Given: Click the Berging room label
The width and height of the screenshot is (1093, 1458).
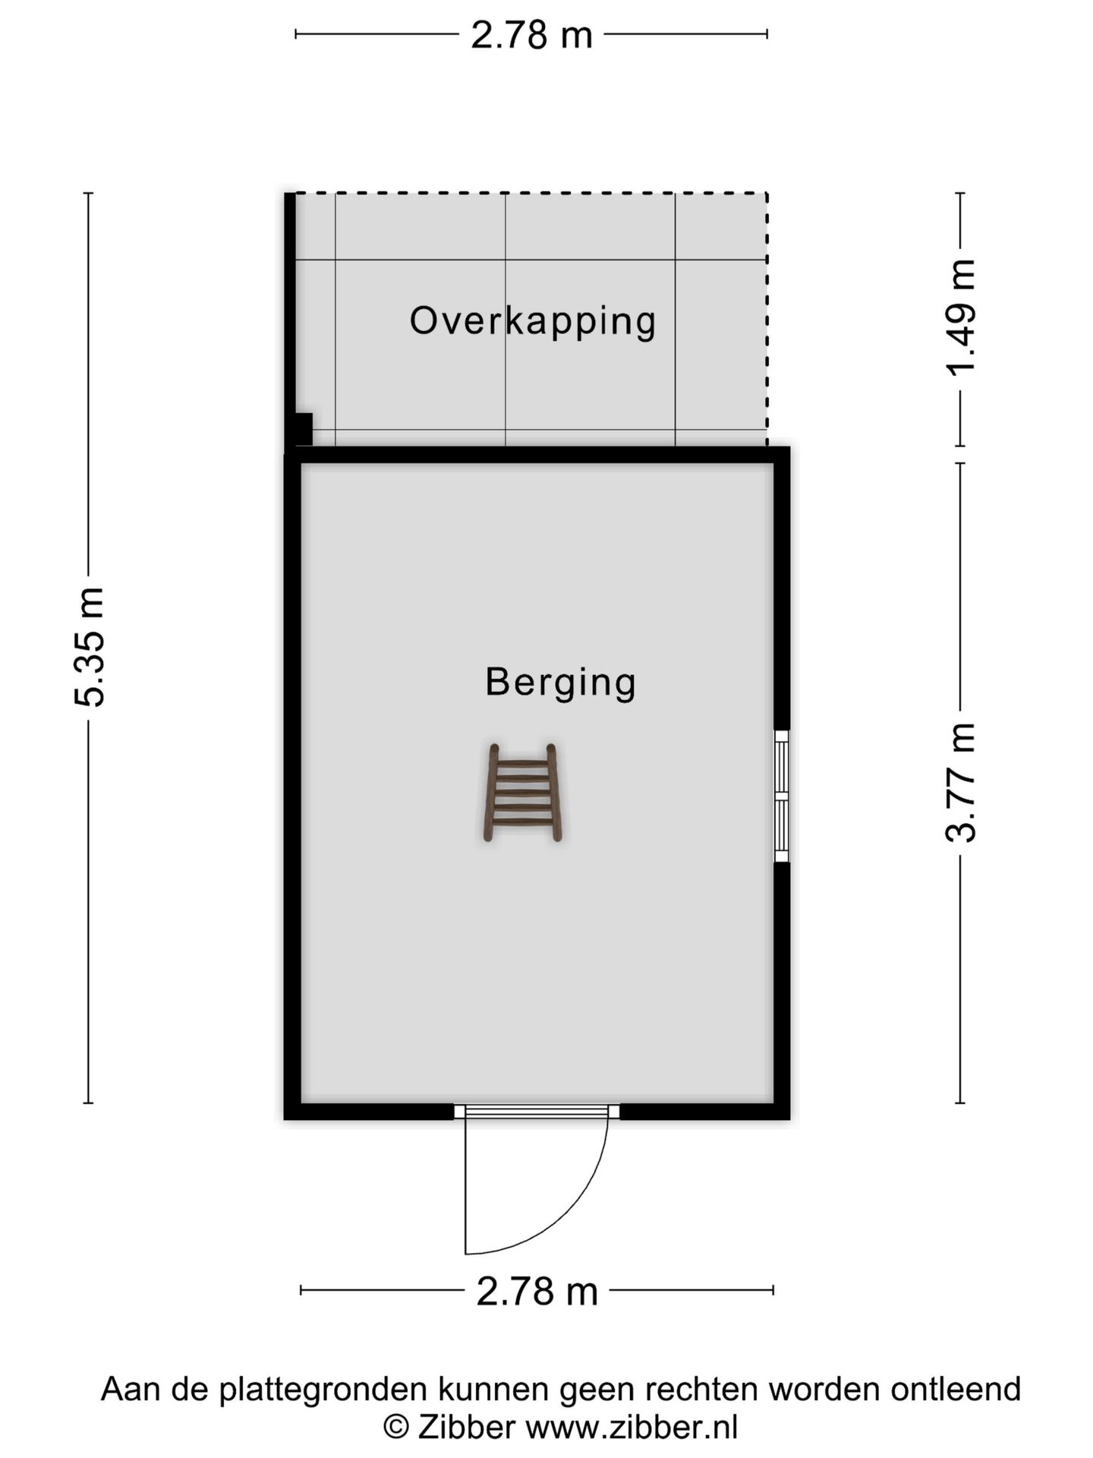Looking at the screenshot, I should (560, 682).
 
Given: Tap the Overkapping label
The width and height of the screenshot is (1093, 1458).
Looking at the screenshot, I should (532, 320).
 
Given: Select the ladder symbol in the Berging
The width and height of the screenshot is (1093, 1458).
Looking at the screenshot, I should (523, 793).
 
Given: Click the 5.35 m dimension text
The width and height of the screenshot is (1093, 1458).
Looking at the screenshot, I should (90, 647).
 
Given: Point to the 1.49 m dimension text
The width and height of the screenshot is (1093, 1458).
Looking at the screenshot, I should (961, 318).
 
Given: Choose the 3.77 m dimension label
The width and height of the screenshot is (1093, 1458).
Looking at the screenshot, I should (961, 782).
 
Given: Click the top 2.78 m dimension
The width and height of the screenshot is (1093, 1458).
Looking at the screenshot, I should (531, 35).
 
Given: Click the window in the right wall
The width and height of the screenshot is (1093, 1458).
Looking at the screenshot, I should (781, 796).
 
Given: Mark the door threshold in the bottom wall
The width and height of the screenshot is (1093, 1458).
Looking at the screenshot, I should (537, 1112).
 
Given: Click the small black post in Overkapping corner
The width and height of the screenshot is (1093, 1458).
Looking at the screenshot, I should (303, 429).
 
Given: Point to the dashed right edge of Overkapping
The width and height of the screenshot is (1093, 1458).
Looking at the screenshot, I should (767, 319).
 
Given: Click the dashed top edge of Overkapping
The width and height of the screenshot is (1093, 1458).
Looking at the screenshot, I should (531, 194).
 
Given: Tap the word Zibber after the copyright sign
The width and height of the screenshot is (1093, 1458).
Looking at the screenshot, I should (467, 1428).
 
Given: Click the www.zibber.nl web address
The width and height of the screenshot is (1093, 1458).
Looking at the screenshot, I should (632, 1428).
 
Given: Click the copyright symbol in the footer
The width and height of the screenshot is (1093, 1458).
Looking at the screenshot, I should (395, 1428).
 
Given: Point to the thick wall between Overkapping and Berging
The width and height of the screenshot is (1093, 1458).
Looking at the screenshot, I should (537, 455).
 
